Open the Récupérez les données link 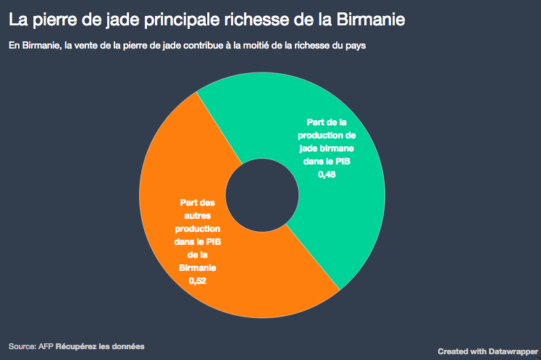100,346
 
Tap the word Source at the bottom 22,346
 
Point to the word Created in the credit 453,351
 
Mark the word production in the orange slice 198,229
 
